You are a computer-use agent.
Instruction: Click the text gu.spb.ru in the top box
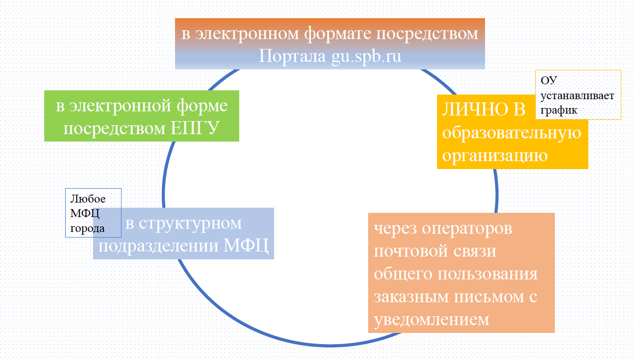(x=366, y=56)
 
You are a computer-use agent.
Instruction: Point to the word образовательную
(x=512, y=133)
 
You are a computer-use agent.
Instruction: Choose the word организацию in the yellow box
(x=495, y=155)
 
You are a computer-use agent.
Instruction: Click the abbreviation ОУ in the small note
(x=549, y=80)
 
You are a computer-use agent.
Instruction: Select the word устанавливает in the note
(x=577, y=95)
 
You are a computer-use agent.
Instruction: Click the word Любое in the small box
(x=88, y=199)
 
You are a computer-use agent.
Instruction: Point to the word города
(x=88, y=228)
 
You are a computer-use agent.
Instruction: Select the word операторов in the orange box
(x=466, y=229)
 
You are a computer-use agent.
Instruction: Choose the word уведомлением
(x=431, y=319)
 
